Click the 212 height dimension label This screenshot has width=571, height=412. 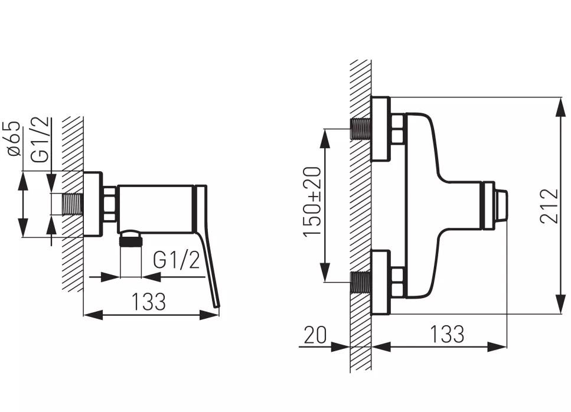point(549,205)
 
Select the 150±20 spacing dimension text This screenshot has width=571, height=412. point(312,202)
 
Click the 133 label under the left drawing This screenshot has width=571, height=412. point(148,301)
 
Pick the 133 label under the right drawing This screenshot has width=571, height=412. point(446,334)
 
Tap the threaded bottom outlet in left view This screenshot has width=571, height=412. point(131,239)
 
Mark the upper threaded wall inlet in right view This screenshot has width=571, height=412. point(360,128)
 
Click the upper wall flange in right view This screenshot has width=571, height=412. point(381,129)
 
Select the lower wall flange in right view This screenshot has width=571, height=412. point(381,282)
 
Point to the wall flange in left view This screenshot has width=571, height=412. point(93,204)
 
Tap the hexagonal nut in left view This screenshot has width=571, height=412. point(110,204)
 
